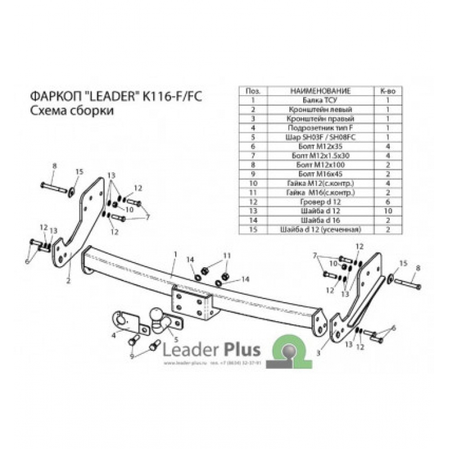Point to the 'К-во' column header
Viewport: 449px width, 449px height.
(x=387, y=91)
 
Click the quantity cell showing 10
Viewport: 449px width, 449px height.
(x=387, y=211)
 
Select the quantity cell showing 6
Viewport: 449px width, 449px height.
(x=387, y=202)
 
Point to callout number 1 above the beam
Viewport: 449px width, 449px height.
(x=175, y=254)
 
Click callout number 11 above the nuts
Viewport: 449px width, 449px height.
(x=226, y=256)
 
